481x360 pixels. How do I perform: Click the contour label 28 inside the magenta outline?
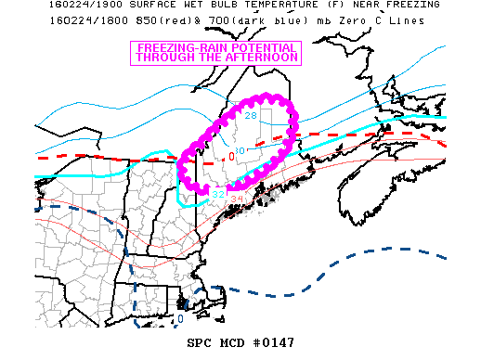(x=251, y=116)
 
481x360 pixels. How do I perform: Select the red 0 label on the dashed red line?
(x=231, y=155)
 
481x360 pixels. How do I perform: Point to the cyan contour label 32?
(x=217, y=194)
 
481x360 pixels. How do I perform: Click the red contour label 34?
(x=236, y=199)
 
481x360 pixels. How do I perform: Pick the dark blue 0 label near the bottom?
(x=179, y=319)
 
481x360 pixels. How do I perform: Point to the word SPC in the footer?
(x=188, y=342)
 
